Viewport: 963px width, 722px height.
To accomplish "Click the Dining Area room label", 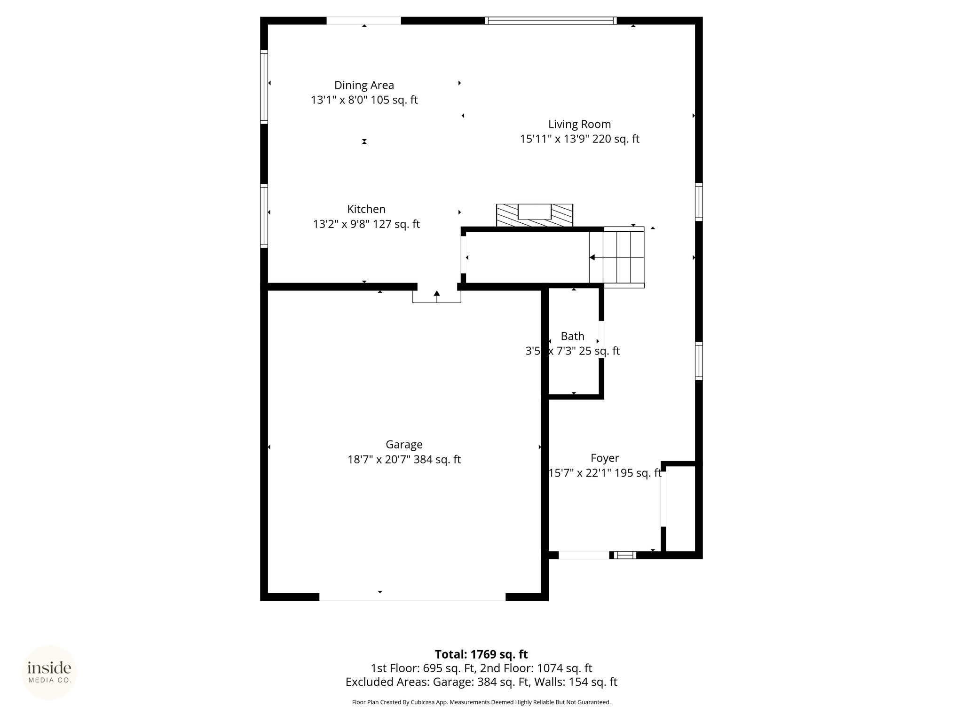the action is tap(364, 85).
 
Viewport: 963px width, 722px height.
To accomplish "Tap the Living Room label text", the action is tap(579, 124).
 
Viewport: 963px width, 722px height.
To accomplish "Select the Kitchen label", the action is tap(366, 209).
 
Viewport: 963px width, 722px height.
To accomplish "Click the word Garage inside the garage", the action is tap(404, 444).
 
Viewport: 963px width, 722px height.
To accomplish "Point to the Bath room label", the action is tap(572, 336).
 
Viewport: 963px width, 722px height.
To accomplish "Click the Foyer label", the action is tap(605, 458).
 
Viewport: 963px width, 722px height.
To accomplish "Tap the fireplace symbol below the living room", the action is tap(535, 215).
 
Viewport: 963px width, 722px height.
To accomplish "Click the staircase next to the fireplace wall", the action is tap(616, 257).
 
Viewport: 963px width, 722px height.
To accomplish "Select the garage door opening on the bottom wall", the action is tap(412, 596).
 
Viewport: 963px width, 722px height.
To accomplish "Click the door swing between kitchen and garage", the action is tap(437, 296).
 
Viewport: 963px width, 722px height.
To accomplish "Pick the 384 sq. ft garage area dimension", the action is tap(437, 459).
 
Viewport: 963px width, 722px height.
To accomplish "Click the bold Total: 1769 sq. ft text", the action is tap(481, 654).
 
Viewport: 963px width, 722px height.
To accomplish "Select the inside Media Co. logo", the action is tap(49, 673).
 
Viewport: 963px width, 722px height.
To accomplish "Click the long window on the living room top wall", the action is tap(551, 21).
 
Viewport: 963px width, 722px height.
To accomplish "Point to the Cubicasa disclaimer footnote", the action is tap(481, 702).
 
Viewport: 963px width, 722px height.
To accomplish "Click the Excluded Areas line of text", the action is tap(481, 682).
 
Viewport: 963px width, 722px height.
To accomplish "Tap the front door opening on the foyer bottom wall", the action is tap(584, 555).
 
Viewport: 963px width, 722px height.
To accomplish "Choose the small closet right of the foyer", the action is tap(681, 509).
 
